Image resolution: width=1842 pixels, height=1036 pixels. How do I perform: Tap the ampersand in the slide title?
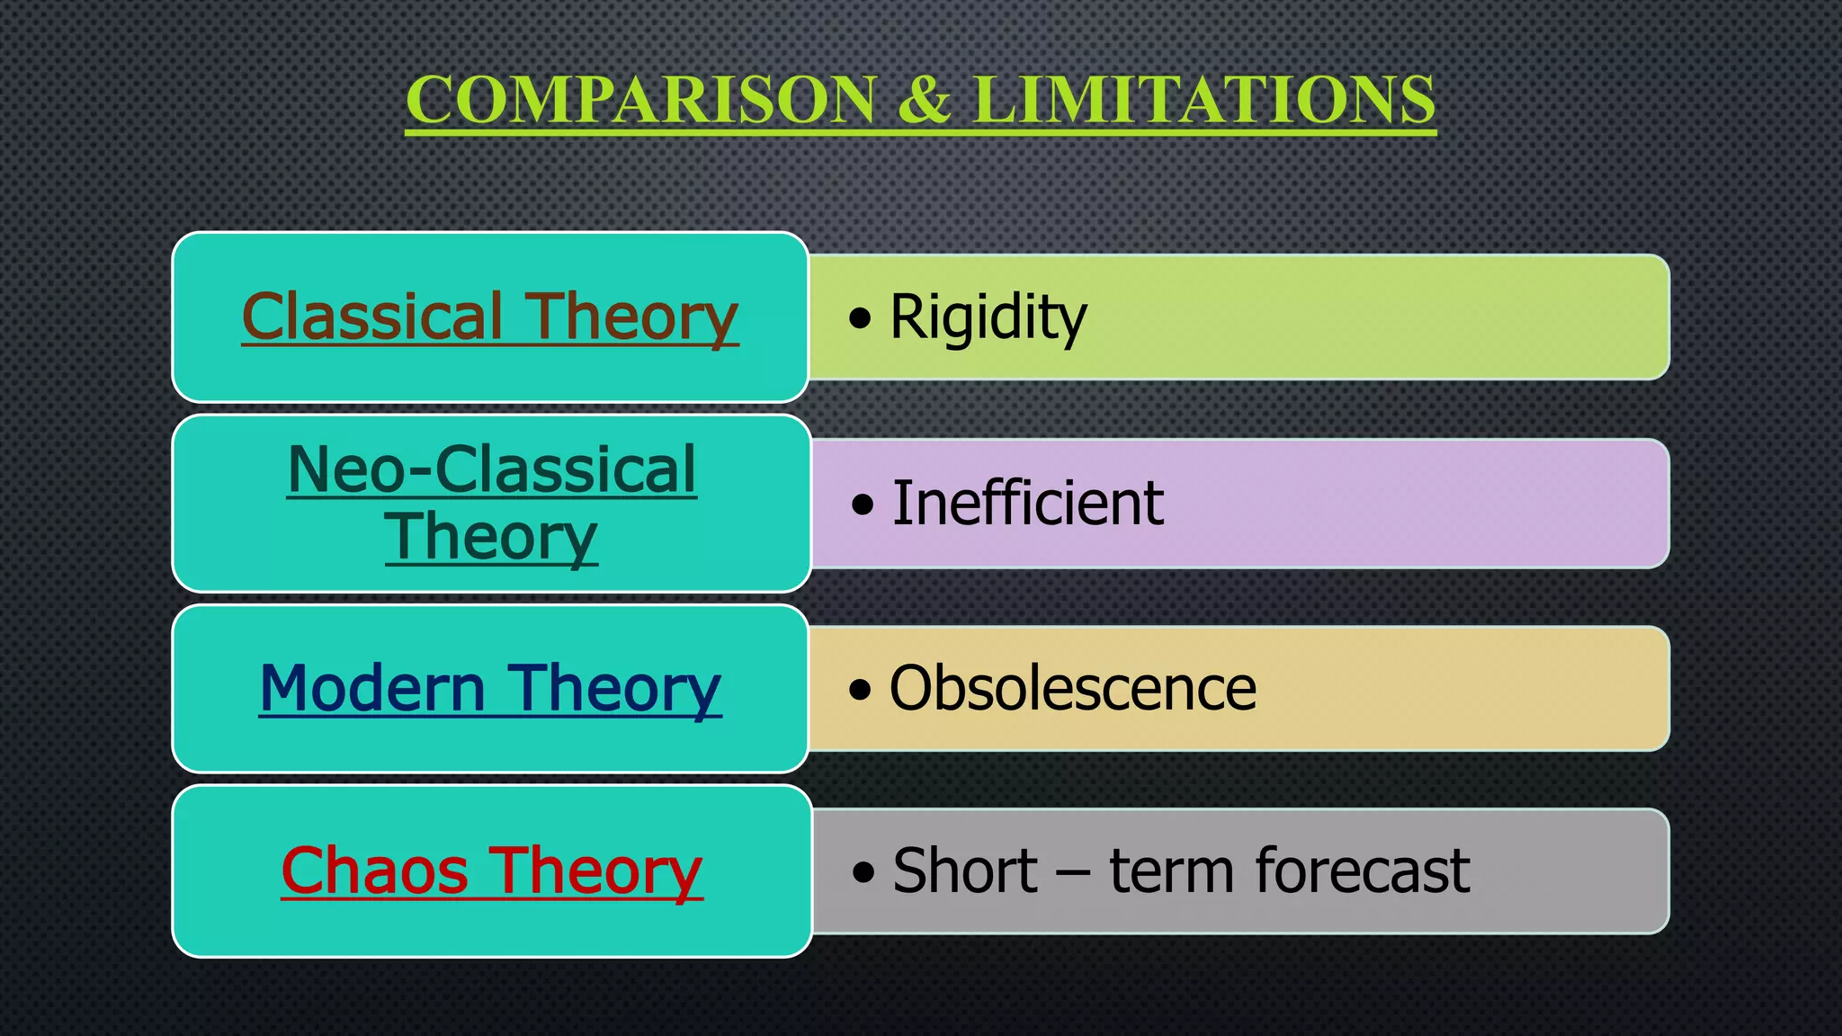click(x=924, y=99)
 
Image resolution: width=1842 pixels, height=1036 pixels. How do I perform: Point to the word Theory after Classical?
click(x=631, y=318)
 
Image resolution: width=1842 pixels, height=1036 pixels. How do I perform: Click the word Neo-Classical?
click(x=492, y=469)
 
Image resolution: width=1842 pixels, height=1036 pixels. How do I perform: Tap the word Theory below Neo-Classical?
click(x=491, y=538)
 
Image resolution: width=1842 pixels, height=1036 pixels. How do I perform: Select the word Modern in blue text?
click(x=372, y=689)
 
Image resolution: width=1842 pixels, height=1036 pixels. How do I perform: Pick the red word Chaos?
click(x=374, y=871)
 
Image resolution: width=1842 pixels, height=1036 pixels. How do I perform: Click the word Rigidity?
click(x=988, y=317)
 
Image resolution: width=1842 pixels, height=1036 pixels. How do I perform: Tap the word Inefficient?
click(x=1027, y=503)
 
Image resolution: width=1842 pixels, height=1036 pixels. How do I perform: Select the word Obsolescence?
click(x=1072, y=689)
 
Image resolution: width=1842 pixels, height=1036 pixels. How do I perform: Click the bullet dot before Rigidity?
click(x=861, y=318)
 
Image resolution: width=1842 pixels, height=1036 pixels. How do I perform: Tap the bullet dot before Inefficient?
click(x=863, y=505)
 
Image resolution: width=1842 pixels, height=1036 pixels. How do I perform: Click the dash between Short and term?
click(x=1074, y=872)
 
